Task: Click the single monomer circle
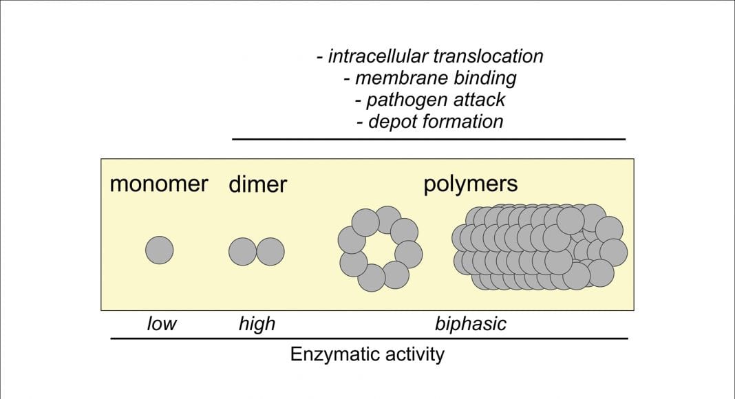(160, 250)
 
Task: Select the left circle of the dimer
(242, 251)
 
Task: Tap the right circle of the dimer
(270, 251)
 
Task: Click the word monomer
(158, 184)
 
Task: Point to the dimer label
(257, 184)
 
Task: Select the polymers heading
(470, 184)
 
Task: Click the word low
(162, 323)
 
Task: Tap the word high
(257, 323)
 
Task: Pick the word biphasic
(471, 323)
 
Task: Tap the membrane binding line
(429, 78)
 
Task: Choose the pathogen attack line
(429, 100)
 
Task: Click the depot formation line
(429, 122)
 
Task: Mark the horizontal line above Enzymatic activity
(370, 338)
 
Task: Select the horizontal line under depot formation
(429, 139)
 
